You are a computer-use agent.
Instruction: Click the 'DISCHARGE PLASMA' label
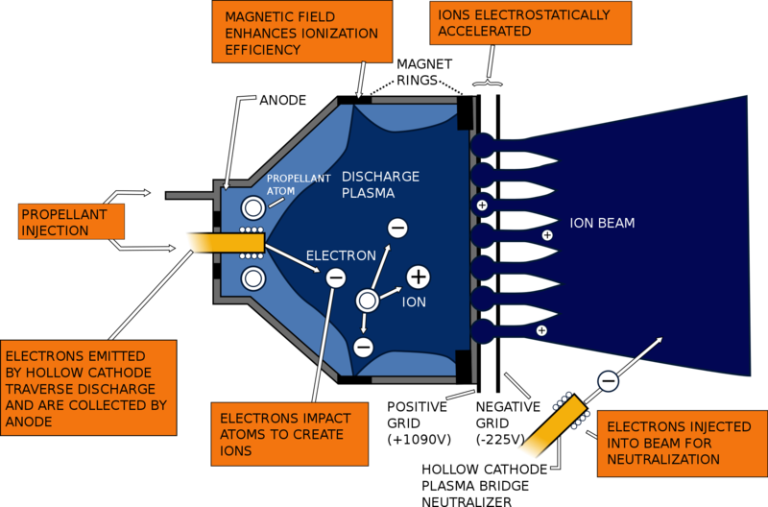click(380, 184)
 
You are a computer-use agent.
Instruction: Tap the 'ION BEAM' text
click(602, 224)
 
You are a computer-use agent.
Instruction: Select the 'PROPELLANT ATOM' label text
click(298, 183)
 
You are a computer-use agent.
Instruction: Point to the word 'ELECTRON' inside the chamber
click(340, 256)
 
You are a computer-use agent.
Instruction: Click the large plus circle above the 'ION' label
click(418, 278)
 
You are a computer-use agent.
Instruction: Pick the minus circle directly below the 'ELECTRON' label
click(336, 278)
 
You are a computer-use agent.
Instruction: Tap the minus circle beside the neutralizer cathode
click(608, 381)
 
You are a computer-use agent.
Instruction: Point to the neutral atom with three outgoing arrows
click(366, 301)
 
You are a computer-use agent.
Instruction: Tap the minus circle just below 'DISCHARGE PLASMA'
click(396, 228)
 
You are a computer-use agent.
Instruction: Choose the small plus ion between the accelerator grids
click(482, 205)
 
